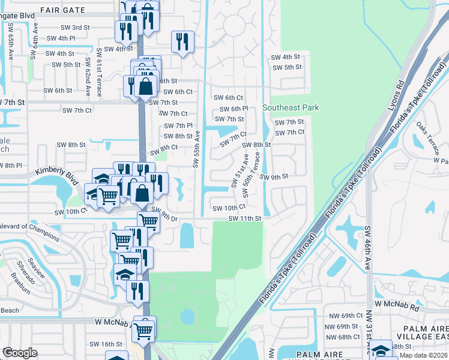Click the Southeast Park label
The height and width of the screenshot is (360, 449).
pyautogui.click(x=291, y=108)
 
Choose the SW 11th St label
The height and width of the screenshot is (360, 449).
pyautogui.click(x=245, y=219)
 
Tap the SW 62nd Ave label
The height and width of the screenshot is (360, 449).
pyautogui.click(x=88, y=77)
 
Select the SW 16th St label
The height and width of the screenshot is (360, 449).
pyautogui.click(x=106, y=344)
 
